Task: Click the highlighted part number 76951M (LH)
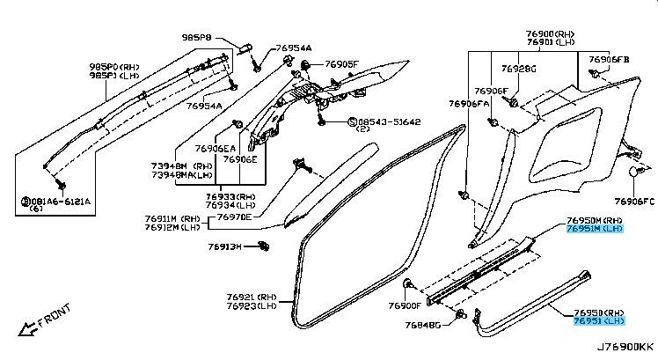[x=594, y=228]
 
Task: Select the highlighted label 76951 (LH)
[x=597, y=322]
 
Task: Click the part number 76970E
[x=234, y=217]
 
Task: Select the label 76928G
[x=518, y=68]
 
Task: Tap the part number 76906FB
[x=610, y=59]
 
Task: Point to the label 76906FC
[x=635, y=202]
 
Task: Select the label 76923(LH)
[x=252, y=306]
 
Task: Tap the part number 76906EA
[x=215, y=149]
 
